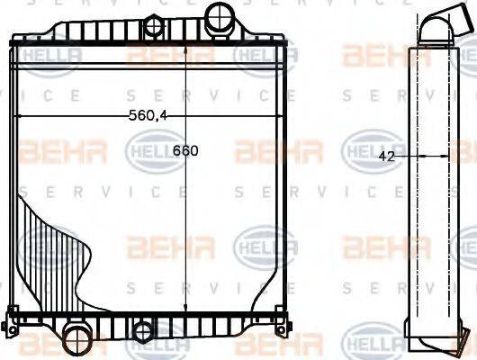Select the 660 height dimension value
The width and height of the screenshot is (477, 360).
tap(186, 150)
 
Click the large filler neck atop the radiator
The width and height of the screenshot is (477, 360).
tap(218, 15)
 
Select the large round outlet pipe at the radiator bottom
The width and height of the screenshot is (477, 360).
tap(76, 345)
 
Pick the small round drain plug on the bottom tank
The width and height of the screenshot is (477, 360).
tap(143, 332)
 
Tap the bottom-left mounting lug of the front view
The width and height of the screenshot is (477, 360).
tap(12, 317)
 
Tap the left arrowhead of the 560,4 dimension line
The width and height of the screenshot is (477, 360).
tap(22, 117)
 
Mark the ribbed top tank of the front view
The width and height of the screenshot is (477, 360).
tap(148, 49)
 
